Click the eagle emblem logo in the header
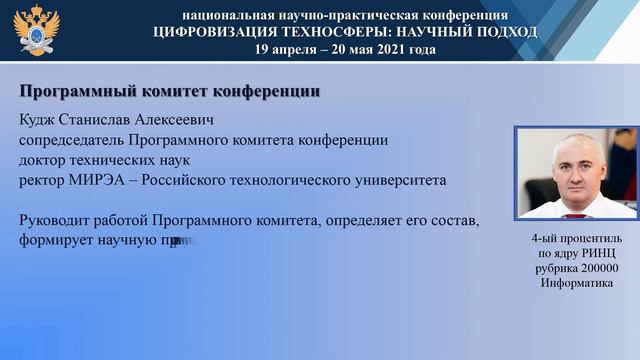point(37,31)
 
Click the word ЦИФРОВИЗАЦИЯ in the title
point(214,32)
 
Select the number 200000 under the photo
point(597,268)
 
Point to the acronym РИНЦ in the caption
point(597,254)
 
